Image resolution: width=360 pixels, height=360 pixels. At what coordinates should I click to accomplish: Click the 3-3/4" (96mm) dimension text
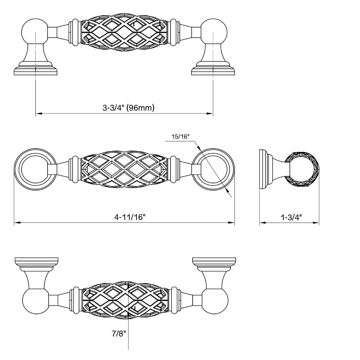pos(128,108)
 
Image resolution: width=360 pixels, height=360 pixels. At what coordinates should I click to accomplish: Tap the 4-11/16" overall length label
pos(130,217)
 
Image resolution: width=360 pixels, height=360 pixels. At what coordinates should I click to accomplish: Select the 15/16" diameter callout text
pos(180,137)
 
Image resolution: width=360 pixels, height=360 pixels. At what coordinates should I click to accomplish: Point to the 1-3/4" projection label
pos(291,217)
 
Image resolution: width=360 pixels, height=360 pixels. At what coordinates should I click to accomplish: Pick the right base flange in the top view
pos(213,70)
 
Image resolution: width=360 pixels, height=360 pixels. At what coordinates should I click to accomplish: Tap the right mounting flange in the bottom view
pos(214,262)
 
